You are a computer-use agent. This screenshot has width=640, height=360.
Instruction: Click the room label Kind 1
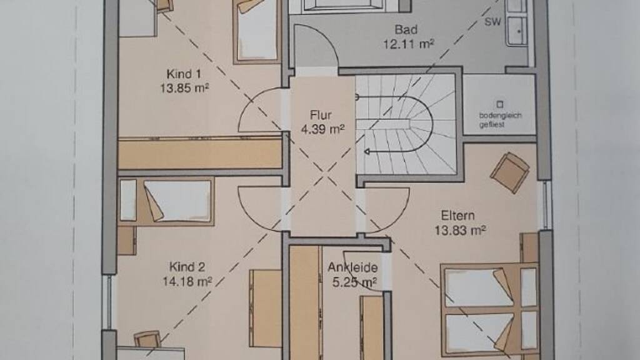point(184,74)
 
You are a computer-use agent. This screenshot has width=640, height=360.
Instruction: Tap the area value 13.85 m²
point(184,87)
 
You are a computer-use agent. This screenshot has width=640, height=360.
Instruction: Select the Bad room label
point(406,29)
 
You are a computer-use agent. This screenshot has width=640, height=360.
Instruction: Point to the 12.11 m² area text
point(408,44)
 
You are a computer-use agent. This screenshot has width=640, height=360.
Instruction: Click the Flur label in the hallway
point(321,115)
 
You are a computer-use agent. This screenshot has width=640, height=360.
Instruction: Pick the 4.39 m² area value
point(322,129)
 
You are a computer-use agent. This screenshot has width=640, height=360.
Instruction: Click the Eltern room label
point(457,216)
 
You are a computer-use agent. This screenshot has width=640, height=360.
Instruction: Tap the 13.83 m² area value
point(459,230)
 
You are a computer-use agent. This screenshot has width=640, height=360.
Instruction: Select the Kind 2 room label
point(187,267)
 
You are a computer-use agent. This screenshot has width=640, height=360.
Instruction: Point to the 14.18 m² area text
point(187,281)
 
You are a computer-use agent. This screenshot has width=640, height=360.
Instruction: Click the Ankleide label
point(352,267)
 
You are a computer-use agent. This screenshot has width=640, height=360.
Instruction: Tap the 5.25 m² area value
point(354,282)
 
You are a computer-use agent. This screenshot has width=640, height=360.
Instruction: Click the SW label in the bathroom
point(492,22)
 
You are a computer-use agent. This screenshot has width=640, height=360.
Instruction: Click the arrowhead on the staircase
point(367,152)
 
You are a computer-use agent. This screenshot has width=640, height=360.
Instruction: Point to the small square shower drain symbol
point(499,104)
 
